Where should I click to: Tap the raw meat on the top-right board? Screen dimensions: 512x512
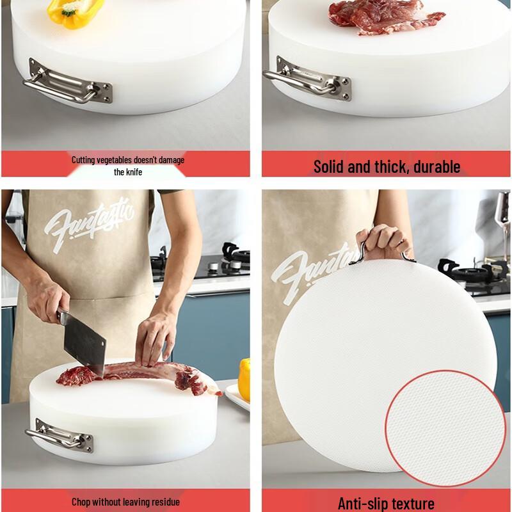(x=377, y=17)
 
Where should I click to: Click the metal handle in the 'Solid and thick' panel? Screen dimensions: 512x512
(x=313, y=81)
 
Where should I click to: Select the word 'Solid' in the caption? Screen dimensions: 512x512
(x=329, y=167)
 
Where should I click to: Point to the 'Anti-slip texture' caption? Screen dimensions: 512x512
(x=386, y=503)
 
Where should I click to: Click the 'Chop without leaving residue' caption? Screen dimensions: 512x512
(x=125, y=502)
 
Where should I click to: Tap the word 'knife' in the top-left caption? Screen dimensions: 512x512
(x=128, y=172)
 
